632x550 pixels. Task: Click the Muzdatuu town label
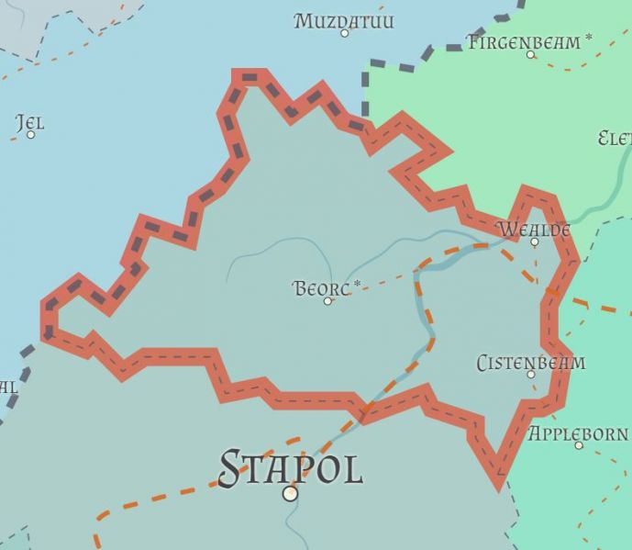click(344, 19)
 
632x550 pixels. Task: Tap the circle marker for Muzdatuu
click(345, 33)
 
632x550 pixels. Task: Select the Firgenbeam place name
click(523, 41)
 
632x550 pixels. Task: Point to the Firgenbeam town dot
click(530, 54)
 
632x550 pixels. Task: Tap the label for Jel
click(29, 122)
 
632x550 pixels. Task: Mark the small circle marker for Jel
click(30, 135)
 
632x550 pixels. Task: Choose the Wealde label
click(533, 229)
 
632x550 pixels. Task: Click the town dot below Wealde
click(535, 242)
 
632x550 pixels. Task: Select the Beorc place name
click(321, 288)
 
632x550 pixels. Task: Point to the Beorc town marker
click(327, 301)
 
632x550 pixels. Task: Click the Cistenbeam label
click(530, 363)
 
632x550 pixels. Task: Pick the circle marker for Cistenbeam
click(530, 375)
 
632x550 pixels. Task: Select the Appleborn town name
click(578, 432)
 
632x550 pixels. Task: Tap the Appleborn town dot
click(579, 445)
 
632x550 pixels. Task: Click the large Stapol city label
click(291, 468)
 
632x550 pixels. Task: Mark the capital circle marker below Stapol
click(291, 494)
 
